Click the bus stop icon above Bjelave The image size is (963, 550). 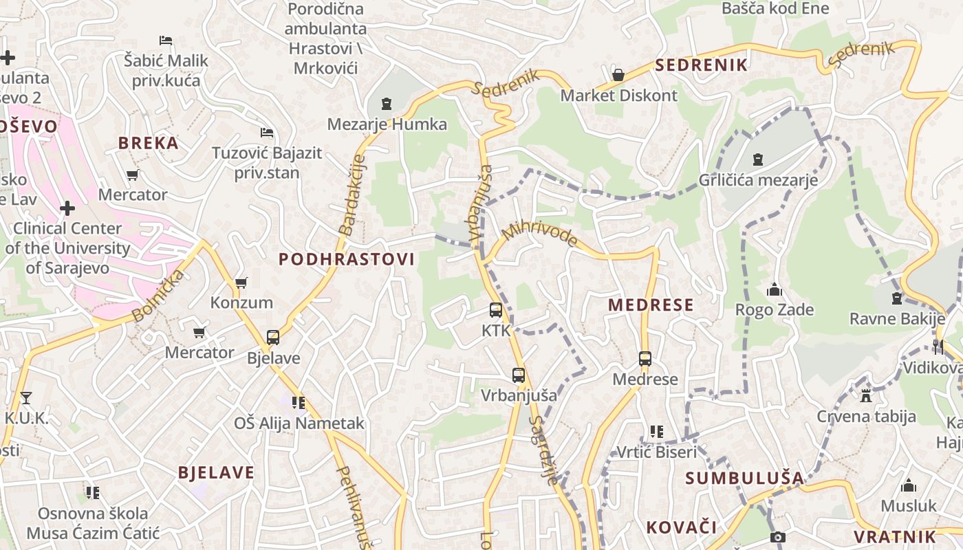pos(273,338)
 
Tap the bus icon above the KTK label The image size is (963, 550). pos(496,310)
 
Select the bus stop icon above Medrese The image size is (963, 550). pos(645,358)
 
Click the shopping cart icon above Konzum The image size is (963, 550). pos(241,283)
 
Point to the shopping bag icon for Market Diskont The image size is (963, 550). pos(618,74)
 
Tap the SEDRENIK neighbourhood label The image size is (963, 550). pos(701,65)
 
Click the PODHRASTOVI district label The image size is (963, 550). pos(347,259)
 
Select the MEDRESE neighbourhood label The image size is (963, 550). pos(651,305)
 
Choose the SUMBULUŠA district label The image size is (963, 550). pos(744,478)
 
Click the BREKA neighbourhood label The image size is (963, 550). pos(148,143)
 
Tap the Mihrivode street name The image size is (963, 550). pos(540,233)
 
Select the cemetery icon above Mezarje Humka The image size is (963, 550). pos(387,104)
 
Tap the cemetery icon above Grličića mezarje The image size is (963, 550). pos(758,159)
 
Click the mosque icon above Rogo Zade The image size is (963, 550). pos(775,289)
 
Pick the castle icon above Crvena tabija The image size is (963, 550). pos(866,395)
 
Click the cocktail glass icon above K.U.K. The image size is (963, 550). pos(26,397)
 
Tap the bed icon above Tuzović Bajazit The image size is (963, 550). pos(267,132)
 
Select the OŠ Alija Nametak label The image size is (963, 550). pos(299,423)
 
